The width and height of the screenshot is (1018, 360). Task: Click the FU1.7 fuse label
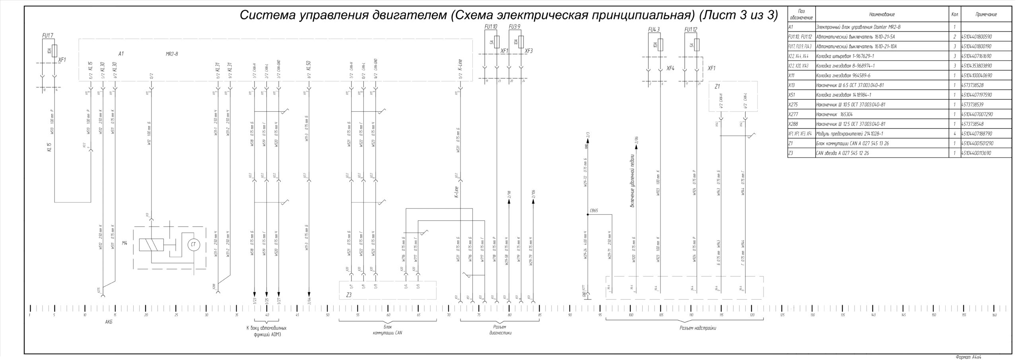[x=48, y=35]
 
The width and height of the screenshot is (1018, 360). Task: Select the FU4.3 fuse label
[x=654, y=30]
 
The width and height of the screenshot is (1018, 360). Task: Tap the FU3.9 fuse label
[x=515, y=27]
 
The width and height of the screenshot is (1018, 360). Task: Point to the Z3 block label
[x=349, y=295]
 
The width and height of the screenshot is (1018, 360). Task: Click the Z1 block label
[x=717, y=86]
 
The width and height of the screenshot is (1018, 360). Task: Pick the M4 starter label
[x=124, y=243]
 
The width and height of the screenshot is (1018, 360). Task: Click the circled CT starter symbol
[x=194, y=245]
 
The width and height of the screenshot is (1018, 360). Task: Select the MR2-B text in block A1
[x=172, y=54]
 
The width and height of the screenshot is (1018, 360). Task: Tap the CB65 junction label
[x=594, y=211]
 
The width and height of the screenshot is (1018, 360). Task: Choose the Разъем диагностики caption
[x=500, y=330]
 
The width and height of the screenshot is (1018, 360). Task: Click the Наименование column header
[x=882, y=15]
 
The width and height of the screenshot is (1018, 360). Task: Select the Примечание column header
[x=986, y=15]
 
